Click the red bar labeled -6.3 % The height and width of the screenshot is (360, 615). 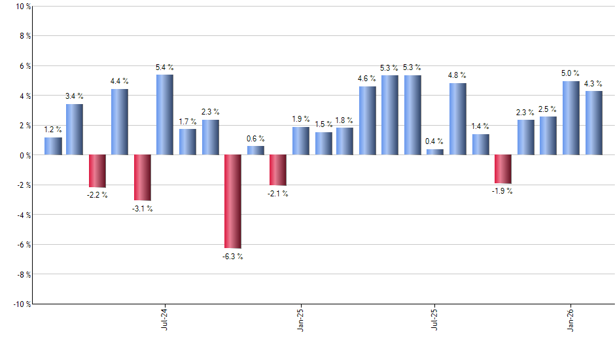coord(233,202)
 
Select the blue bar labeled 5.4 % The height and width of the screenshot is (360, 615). coord(165,115)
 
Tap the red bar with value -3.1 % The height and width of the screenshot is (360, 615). coord(143,177)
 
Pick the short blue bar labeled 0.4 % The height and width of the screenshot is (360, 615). coord(435,152)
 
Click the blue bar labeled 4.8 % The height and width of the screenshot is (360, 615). coord(458,119)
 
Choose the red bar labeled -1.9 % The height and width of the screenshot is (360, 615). coord(503,169)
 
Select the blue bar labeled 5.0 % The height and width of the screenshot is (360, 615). coord(571,118)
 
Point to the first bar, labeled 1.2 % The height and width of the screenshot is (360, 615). coord(53,146)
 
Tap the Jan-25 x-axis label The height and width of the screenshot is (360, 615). coord(300,317)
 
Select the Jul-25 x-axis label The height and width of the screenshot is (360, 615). coord(435,317)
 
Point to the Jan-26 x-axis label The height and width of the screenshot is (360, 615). coord(571,317)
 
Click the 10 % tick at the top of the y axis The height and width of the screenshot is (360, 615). coord(22,7)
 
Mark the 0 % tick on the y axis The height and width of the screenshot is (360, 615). coord(24,155)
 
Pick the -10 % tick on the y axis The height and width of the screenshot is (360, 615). coord(21,304)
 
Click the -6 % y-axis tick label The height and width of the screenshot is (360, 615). coord(23,244)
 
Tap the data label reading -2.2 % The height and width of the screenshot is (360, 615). coord(97,196)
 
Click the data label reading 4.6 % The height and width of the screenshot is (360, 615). coord(368,79)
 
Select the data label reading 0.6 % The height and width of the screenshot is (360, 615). coord(255,138)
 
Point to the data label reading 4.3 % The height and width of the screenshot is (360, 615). coord(593,83)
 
